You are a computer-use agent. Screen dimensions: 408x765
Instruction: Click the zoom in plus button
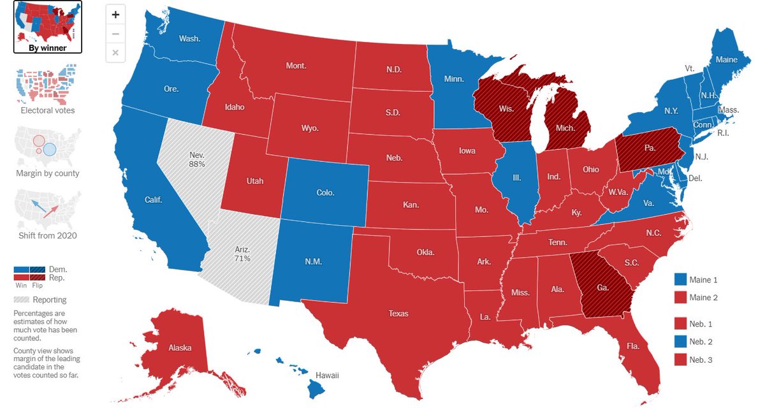115,14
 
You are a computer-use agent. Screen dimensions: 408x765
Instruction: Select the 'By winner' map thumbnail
48,27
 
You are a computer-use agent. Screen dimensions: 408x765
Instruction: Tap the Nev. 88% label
197,159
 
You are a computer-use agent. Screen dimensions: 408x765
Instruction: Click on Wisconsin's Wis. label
506,109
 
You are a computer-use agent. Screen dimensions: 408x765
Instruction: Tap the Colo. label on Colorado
325,192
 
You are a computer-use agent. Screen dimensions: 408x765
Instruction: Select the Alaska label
179,348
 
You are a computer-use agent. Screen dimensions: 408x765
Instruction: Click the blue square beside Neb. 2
680,342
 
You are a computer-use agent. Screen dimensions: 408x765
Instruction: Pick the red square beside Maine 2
680,298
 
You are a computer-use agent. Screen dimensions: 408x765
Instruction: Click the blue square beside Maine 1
680,280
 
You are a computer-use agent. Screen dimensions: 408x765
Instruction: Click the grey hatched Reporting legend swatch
21,300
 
